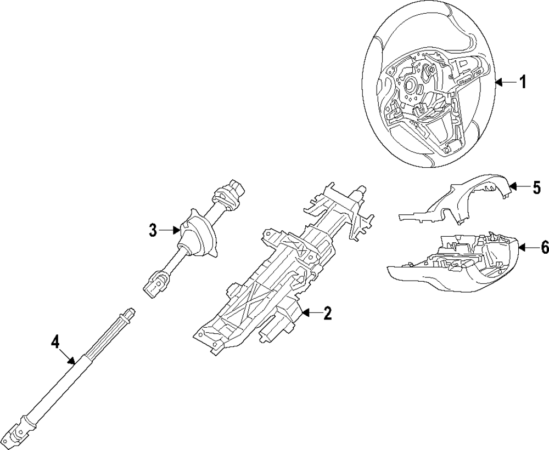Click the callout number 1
pyautogui.click(x=523, y=83)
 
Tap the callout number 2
pyautogui.click(x=327, y=314)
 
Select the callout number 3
pyautogui.click(x=153, y=231)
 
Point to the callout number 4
pyautogui.click(x=55, y=342)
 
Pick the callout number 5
pyautogui.click(x=536, y=187)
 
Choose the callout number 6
pyautogui.click(x=544, y=248)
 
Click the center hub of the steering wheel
pyautogui.click(x=411, y=86)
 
